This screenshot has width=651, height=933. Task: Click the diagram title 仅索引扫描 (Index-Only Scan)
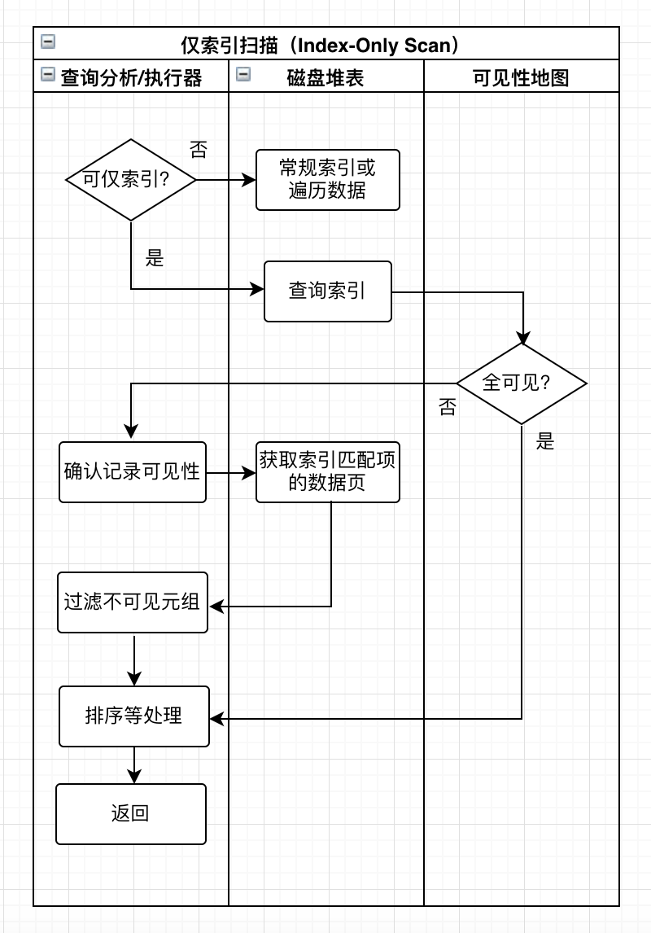[325, 45]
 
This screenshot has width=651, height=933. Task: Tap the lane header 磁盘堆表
[325, 77]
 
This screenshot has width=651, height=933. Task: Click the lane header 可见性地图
[521, 77]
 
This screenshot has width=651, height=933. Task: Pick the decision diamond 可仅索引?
[131, 179]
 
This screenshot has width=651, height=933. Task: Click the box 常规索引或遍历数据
[328, 180]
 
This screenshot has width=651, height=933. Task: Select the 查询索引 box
[328, 291]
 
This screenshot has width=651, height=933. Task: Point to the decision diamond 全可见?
[522, 383]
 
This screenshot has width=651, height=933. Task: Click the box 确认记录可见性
[133, 472]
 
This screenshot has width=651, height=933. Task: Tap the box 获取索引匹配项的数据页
[328, 472]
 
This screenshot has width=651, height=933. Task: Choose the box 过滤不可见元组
[133, 602]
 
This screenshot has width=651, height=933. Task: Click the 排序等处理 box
[134, 716]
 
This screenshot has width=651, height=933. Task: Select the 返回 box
[131, 813]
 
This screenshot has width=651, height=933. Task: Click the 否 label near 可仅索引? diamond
[199, 149]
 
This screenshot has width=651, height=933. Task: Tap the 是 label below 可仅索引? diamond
[155, 258]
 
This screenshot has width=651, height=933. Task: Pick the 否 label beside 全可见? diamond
[448, 407]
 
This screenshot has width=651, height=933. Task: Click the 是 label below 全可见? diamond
[545, 442]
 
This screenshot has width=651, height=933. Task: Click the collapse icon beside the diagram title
[48, 42]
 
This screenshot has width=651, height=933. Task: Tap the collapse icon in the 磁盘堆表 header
[243, 74]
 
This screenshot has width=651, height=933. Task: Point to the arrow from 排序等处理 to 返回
[134, 765]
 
